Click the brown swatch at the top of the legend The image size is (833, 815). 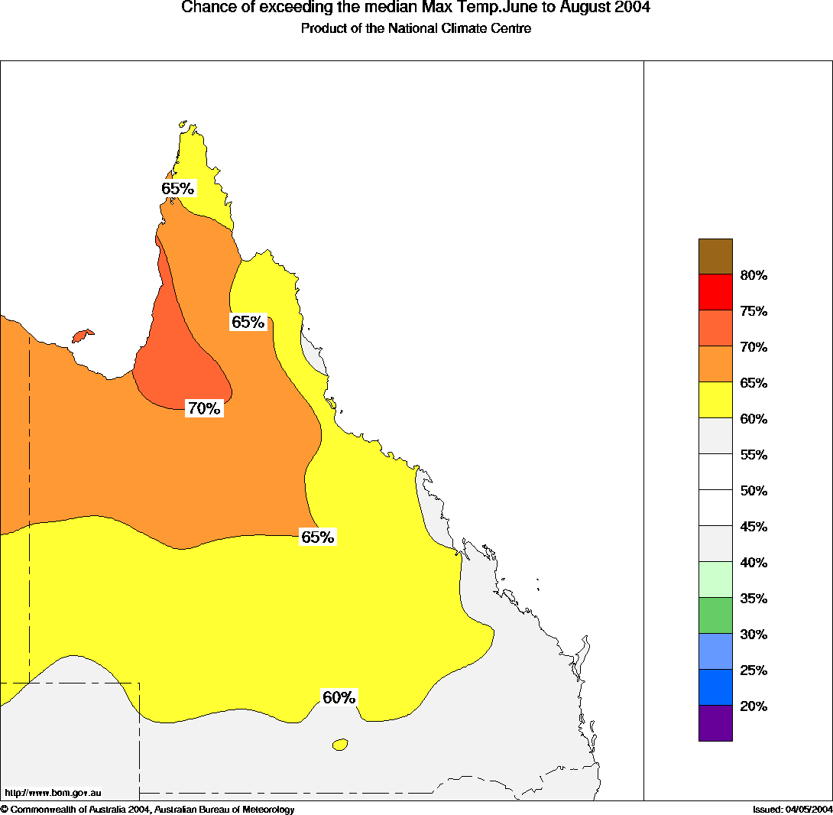(x=715, y=256)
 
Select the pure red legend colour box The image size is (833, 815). (x=715, y=292)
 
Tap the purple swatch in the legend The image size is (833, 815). (x=715, y=723)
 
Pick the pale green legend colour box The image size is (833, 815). (x=715, y=580)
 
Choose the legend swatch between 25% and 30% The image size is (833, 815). (x=715, y=651)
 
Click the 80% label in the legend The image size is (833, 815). (x=754, y=275)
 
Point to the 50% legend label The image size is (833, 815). (x=754, y=491)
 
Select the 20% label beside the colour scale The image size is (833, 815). (x=754, y=706)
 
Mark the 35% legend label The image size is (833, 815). (x=754, y=599)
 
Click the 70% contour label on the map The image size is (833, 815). (x=204, y=409)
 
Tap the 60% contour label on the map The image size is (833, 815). (x=339, y=698)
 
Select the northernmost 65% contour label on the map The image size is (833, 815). (x=177, y=189)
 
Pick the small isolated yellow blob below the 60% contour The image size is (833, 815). (x=340, y=744)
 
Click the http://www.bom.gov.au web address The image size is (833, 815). (x=53, y=793)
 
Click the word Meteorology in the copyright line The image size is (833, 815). (x=267, y=809)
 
